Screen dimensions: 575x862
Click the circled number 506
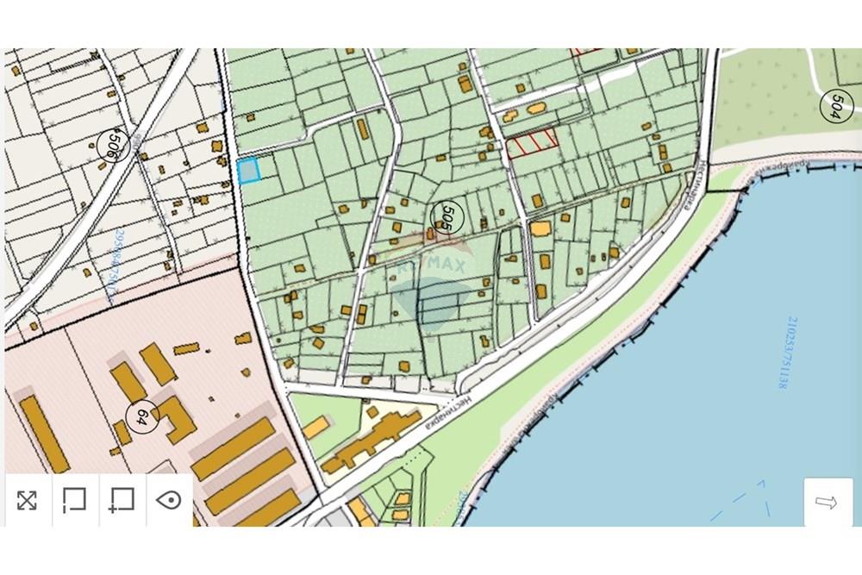click(x=111, y=145)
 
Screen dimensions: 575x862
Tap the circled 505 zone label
click(x=446, y=217)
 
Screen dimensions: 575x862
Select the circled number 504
click(x=834, y=105)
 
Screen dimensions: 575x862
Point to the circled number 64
click(x=141, y=416)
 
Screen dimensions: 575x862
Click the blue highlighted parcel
click(x=248, y=171)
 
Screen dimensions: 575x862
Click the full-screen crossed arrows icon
click(x=27, y=500)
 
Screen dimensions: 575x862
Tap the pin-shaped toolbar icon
click(x=169, y=500)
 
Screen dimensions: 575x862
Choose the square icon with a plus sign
click(x=122, y=500)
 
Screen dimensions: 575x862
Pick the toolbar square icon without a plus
click(x=75, y=500)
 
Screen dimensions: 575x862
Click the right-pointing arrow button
click(x=827, y=503)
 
